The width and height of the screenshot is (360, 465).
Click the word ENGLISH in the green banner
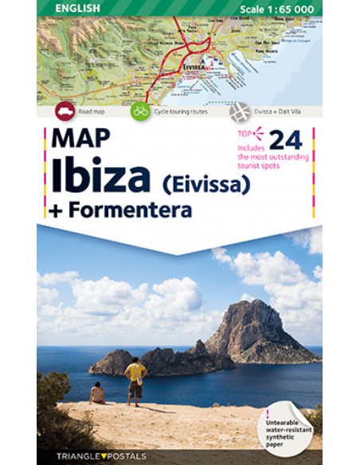tap(78, 8)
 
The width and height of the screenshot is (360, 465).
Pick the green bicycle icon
tap(140, 111)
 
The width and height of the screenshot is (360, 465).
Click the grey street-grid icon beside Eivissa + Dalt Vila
tap(239, 111)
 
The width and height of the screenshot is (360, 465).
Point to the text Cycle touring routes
tap(181, 112)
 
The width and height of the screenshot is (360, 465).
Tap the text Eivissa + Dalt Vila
tap(276, 112)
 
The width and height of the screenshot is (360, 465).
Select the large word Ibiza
tap(100, 176)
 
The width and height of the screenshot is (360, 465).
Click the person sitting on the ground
tap(97, 393)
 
